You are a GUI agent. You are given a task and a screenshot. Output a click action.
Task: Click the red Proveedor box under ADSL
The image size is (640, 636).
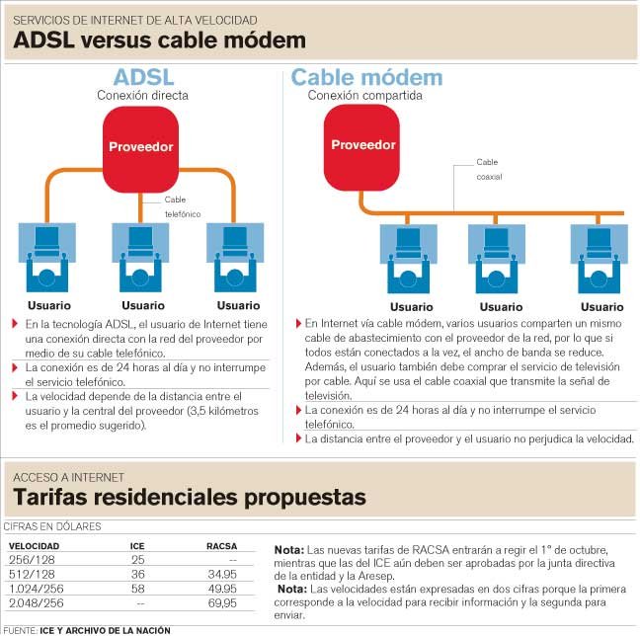(x=140, y=149)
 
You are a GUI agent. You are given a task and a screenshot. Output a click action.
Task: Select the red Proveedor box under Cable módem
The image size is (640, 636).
(x=361, y=147)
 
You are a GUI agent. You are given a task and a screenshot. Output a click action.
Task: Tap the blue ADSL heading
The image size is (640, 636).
(x=143, y=77)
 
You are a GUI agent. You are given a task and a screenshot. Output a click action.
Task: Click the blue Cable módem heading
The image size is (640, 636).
(x=366, y=77)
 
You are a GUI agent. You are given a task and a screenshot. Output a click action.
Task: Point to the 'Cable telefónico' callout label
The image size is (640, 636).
(x=183, y=206)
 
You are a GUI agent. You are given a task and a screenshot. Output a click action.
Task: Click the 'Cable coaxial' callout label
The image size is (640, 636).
(x=489, y=169)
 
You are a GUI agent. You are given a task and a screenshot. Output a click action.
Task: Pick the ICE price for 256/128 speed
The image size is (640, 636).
(x=138, y=560)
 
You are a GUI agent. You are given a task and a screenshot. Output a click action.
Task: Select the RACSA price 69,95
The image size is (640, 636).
(x=222, y=603)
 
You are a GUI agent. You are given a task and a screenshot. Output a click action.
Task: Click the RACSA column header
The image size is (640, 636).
(x=221, y=546)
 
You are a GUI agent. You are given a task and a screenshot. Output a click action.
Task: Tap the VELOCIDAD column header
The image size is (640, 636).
(x=34, y=546)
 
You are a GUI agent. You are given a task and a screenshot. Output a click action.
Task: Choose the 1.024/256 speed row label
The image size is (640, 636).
(x=37, y=589)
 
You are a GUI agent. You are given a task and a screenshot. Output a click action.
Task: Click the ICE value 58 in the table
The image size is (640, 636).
(x=138, y=589)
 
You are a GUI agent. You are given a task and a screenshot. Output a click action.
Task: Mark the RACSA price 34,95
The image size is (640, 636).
(x=222, y=575)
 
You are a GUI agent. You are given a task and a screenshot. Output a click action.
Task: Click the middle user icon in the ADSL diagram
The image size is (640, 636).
(x=140, y=257)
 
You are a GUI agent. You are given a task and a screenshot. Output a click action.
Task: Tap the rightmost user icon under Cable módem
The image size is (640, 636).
(x=599, y=259)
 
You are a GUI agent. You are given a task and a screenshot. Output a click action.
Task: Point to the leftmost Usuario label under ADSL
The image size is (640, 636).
(x=49, y=305)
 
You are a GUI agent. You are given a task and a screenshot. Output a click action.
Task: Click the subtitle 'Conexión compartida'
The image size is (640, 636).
(x=364, y=96)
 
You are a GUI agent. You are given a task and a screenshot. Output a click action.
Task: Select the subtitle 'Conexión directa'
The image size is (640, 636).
(x=142, y=96)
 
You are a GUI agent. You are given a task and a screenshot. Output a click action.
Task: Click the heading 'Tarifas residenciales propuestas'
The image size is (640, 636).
(x=190, y=497)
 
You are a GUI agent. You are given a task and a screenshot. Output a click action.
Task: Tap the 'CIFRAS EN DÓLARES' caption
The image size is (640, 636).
(x=52, y=526)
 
